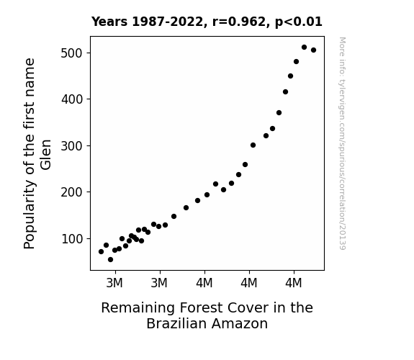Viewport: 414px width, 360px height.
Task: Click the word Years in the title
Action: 109,22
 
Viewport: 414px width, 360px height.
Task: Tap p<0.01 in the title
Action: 299,22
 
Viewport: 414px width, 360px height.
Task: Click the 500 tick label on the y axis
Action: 72,53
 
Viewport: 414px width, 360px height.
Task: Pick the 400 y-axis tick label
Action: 72,99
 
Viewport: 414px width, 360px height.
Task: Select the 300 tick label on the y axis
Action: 72,146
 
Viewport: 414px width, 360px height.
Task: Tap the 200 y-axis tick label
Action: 72,192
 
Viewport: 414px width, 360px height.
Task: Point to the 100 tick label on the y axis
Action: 72,239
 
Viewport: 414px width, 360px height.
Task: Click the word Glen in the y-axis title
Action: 45,155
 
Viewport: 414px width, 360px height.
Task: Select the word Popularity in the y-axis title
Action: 30,215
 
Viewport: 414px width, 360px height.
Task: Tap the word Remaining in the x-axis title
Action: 138,308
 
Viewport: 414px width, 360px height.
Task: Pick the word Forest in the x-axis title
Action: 201,308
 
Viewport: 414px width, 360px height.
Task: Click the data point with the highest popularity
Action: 304,48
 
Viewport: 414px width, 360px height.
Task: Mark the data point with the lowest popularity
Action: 110,260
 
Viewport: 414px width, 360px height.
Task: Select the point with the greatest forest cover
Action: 313,50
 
